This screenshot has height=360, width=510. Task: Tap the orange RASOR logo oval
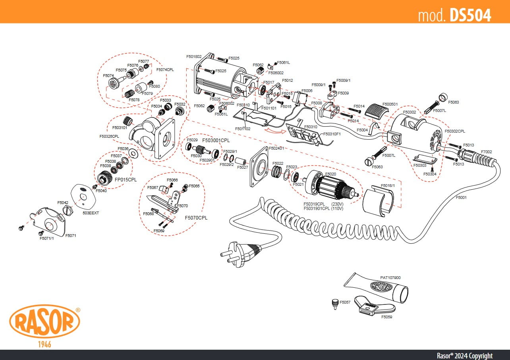44,321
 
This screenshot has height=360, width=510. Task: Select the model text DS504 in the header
470,15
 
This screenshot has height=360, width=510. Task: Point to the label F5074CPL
165,69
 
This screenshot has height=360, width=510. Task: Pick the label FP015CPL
126,179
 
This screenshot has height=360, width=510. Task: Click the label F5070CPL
196,218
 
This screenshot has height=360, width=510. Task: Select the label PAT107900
390,278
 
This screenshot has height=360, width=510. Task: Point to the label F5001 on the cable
461,197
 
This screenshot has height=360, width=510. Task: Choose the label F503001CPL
216,141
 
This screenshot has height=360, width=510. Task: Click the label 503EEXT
91,213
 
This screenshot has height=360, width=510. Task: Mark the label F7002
487,152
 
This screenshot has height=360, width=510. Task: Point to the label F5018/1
388,185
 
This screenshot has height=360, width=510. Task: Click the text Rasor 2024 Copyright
464,355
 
